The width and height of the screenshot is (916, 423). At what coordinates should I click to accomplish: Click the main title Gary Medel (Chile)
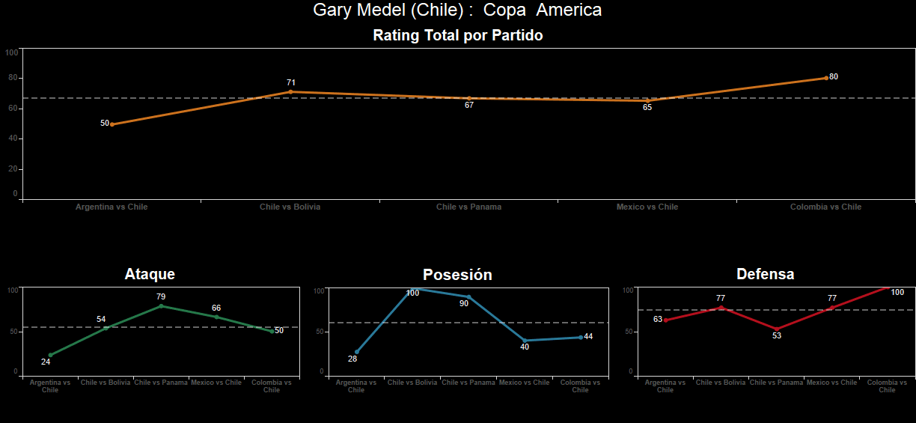[457, 10]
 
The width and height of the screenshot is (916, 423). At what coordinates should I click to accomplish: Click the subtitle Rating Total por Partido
[457, 35]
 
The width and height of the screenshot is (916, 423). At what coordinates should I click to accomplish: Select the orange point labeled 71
[290, 92]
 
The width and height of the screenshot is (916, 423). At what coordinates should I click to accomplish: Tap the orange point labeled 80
[826, 78]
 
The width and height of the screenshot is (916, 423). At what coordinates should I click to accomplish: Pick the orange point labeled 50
[112, 124]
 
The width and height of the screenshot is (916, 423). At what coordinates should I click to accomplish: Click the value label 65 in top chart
[647, 108]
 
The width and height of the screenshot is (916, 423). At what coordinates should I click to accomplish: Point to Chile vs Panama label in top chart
[468, 207]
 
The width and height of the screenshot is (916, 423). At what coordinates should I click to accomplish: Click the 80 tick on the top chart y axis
[13, 78]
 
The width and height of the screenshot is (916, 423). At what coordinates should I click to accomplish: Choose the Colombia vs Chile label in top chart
[825, 207]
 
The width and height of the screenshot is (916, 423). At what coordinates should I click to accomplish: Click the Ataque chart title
[150, 275]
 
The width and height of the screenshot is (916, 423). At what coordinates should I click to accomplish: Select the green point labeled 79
[161, 305]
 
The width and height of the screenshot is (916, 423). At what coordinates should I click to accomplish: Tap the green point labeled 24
[51, 355]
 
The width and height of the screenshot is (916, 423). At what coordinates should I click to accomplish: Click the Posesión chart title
[457, 275]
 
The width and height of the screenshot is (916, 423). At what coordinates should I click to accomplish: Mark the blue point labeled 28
[357, 352]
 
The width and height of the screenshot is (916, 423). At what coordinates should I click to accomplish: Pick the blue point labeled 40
[525, 341]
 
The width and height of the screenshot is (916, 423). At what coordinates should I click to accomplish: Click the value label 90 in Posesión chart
[464, 303]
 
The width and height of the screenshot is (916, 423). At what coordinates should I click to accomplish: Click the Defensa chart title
[765, 275]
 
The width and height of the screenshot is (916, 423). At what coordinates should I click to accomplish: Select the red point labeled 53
[777, 329]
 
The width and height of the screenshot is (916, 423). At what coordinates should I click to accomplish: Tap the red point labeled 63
[665, 320]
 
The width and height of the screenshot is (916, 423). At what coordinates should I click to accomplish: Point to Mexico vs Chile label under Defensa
[831, 383]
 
